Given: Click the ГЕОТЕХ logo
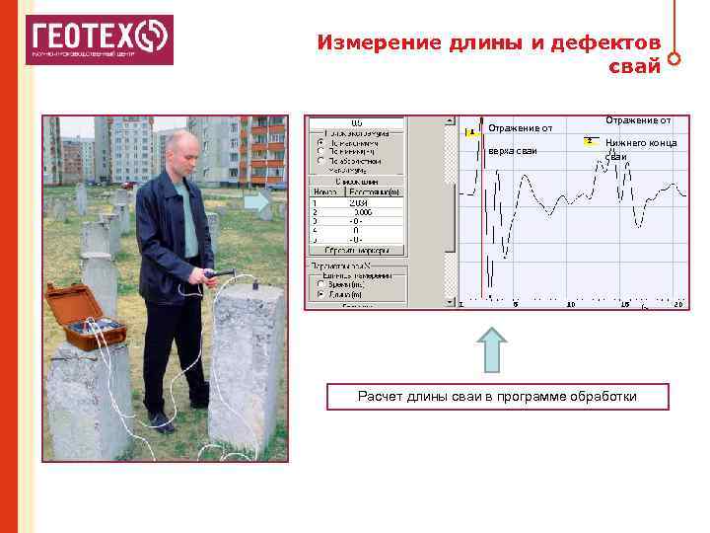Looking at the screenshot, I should [x=99, y=39].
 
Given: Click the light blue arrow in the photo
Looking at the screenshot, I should [x=256, y=201].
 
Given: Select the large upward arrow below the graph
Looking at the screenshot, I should [x=492, y=350].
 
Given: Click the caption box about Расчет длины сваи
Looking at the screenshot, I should [x=498, y=397].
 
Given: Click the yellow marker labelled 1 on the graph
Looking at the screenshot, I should [x=471, y=131].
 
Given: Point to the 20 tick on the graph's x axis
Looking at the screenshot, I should [x=677, y=305].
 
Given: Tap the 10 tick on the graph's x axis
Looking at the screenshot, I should [x=570, y=305].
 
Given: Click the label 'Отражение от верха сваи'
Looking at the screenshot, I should [x=519, y=138].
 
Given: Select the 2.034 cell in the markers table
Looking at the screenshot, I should [x=360, y=202].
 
